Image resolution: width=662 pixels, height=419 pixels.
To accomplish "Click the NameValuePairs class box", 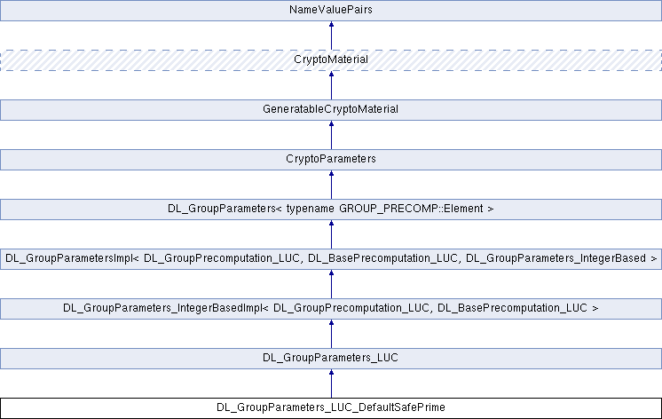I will pos(330,11).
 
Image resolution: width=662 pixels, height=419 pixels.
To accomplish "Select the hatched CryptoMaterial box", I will pos(330,60).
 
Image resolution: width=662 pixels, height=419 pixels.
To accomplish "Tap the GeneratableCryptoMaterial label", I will pos(330,110).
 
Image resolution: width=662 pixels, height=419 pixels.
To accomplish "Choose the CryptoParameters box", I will pos(330,160).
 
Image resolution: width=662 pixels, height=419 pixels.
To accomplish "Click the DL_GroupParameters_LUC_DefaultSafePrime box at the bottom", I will pos(330,408).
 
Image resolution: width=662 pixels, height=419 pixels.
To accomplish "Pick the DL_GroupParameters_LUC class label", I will pos(330,359).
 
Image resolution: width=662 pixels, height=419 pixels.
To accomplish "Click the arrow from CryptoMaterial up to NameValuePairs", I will pos(331,36).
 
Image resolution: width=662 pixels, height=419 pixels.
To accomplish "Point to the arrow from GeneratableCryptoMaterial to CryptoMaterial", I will pos(331,85).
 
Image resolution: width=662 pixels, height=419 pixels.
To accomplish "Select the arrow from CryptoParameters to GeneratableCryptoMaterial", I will pos(331,135).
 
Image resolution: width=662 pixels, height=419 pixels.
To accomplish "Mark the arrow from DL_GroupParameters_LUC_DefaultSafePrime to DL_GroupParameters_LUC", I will pos(331,383).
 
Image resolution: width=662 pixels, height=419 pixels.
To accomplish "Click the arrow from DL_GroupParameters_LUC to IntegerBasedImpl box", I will pos(331,334).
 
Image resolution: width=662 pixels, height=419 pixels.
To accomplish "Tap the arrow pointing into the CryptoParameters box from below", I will pos(331,185).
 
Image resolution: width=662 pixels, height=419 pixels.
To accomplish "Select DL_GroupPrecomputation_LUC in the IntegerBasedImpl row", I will pos(348,309).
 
